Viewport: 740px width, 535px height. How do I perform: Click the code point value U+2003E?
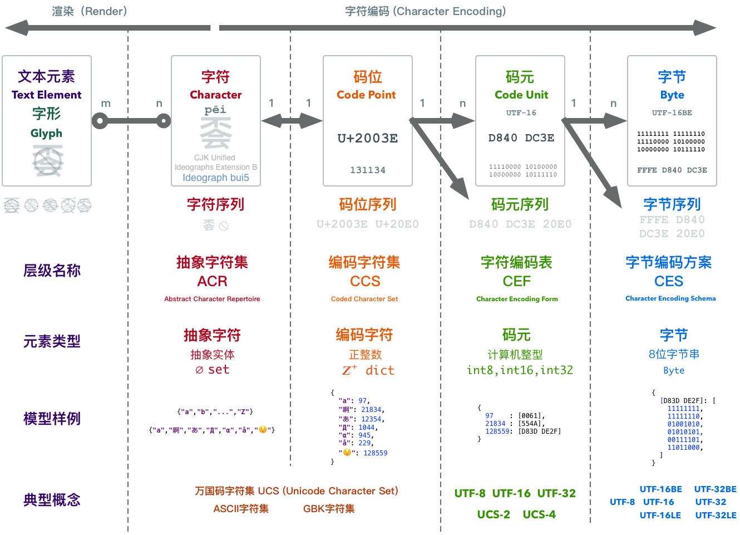368,138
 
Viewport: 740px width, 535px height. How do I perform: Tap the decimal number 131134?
368,170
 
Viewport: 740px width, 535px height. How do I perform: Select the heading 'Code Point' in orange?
366,95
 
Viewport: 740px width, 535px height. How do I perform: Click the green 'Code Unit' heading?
521,95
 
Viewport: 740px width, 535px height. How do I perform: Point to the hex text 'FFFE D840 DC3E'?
672,170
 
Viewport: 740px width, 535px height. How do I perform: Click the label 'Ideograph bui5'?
216,178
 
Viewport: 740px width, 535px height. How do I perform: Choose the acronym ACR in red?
212,281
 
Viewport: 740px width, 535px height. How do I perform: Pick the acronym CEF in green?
517,281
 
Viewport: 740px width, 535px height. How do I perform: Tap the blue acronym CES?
669,281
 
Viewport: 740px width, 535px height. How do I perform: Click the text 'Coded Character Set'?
364,299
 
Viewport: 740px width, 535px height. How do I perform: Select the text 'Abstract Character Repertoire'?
212,299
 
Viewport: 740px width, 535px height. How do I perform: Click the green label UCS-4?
539,514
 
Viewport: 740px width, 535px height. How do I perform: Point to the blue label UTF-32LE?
716,516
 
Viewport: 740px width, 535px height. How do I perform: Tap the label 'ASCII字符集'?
241,508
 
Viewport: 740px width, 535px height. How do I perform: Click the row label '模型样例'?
52,419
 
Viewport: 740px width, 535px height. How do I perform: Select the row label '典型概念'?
52,500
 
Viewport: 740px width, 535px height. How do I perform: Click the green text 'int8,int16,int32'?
520,370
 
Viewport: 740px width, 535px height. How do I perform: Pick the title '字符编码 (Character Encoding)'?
426,11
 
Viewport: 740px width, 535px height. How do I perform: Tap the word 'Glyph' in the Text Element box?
46,133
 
